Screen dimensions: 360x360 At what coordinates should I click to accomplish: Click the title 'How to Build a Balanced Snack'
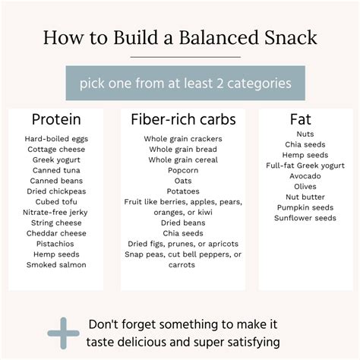(179, 37)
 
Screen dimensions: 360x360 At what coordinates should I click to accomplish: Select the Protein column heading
(56, 119)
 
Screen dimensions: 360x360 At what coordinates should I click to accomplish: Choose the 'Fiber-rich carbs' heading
(183, 119)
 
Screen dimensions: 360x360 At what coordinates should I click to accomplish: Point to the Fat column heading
(300, 119)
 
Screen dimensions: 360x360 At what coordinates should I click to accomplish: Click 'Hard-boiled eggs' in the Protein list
(56, 139)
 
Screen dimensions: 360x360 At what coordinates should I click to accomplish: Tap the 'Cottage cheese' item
(56, 150)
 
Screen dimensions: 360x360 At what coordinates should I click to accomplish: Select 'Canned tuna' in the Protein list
(56, 170)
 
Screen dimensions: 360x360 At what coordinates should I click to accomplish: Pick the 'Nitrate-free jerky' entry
(56, 212)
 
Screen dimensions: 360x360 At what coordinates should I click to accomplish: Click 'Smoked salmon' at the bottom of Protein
(56, 264)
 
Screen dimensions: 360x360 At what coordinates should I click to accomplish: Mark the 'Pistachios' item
(56, 243)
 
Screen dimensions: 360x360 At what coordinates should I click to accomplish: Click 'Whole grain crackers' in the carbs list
(183, 139)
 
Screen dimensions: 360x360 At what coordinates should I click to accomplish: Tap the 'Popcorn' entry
(183, 170)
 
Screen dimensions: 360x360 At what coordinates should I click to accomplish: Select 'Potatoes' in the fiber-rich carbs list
(183, 191)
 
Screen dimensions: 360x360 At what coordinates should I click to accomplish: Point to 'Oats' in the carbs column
(183, 181)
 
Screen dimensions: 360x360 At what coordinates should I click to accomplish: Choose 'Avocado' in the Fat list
(300, 175)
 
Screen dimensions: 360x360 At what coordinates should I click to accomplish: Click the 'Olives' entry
(300, 186)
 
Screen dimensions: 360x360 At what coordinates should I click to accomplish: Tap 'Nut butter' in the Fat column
(300, 197)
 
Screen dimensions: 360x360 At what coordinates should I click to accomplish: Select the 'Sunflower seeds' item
(306, 218)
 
